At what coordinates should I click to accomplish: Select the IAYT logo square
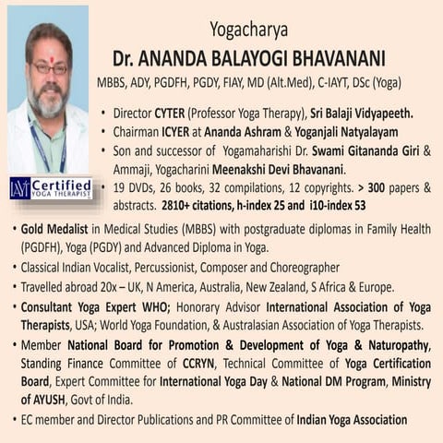point(19,188)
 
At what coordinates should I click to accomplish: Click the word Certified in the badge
point(62,185)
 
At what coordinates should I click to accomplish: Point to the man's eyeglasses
point(48,68)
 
